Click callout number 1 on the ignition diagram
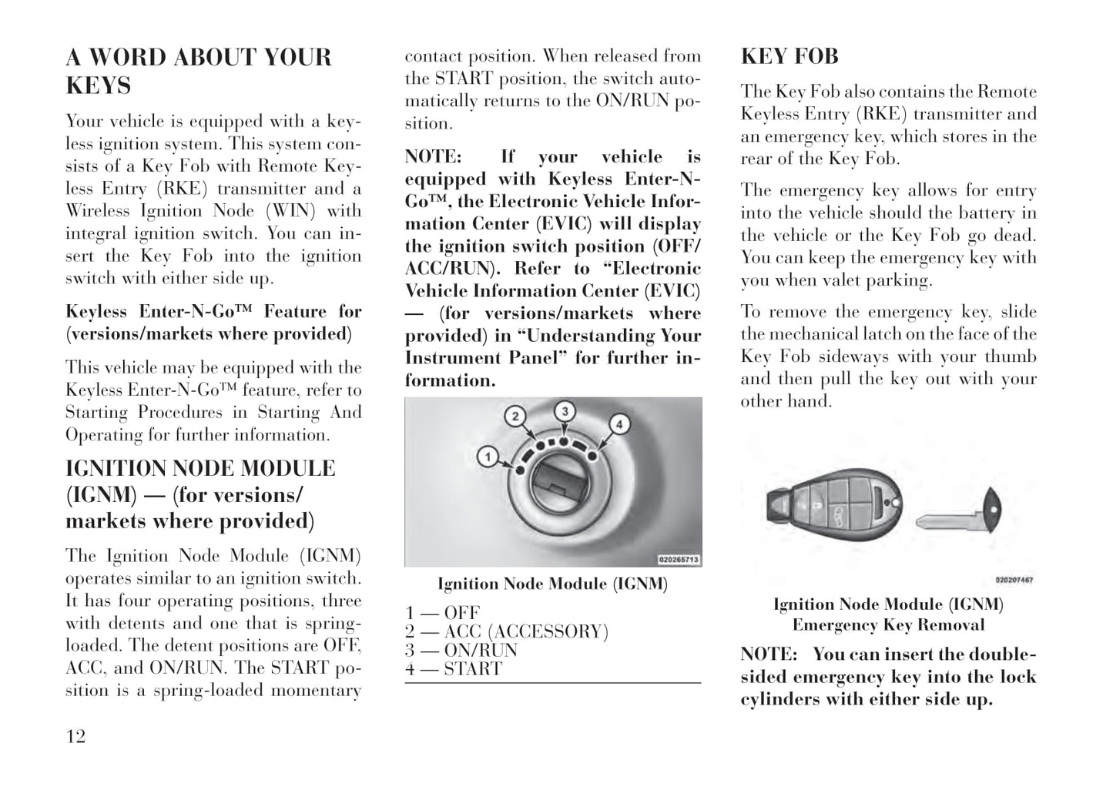(x=487, y=457)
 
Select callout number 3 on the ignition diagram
(x=565, y=411)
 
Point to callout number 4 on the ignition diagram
(x=619, y=423)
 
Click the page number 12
(x=75, y=737)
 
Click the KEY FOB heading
(x=789, y=56)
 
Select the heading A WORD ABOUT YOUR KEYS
(x=198, y=71)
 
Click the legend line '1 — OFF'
(x=443, y=614)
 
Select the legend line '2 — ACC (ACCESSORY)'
(x=507, y=632)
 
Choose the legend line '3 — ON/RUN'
(x=461, y=651)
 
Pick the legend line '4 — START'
(x=454, y=669)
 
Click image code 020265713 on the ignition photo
(x=678, y=559)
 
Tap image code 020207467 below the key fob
(x=1014, y=580)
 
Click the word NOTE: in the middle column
(x=433, y=157)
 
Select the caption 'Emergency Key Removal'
(x=888, y=625)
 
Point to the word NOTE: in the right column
(x=768, y=654)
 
